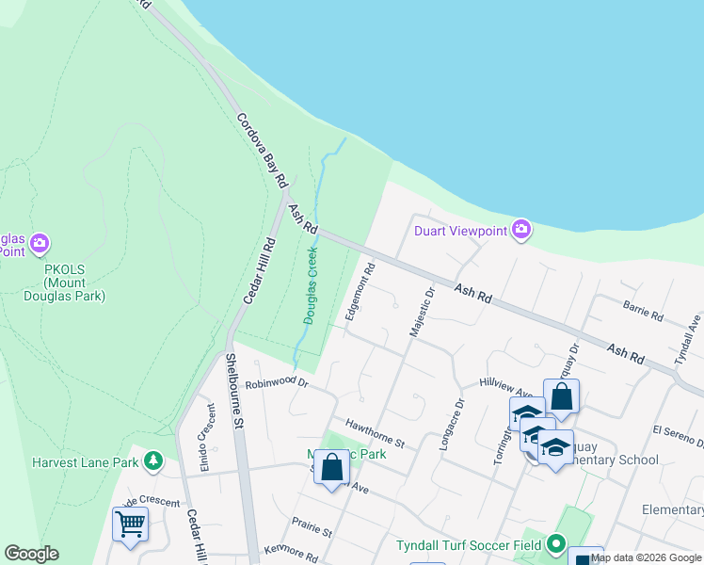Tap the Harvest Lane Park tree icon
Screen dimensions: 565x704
[151, 461]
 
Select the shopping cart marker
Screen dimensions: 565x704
[130, 523]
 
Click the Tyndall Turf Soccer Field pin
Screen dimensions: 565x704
[555, 544]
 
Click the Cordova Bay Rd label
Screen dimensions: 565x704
[260, 150]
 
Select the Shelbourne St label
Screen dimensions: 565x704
[234, 391]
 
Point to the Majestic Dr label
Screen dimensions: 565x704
[420, 313]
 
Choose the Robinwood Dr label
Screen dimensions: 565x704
[277, 383]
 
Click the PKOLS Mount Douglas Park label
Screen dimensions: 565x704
[64, 282]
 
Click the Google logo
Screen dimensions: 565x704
[31, 553]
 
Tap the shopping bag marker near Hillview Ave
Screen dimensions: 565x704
[561, 397]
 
